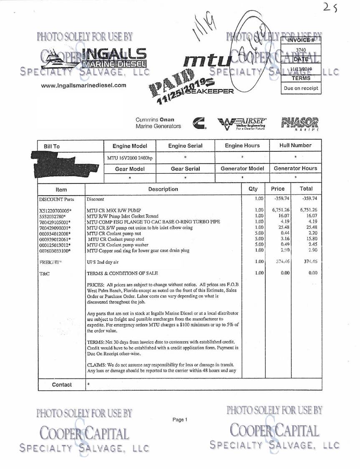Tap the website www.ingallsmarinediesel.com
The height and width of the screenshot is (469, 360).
[84, 85]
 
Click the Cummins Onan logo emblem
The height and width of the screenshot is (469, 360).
[200, 123]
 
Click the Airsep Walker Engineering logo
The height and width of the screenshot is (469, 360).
[242, 123]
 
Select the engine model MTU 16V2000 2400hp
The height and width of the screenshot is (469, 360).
[129, 158]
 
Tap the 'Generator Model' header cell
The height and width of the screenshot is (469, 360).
[242, 168]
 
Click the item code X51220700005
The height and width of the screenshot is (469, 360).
[55, 210]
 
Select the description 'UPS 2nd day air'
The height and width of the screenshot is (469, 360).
[103, 262]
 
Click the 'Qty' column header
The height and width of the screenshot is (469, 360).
[253, 189]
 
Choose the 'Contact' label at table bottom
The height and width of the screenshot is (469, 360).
[62, 384]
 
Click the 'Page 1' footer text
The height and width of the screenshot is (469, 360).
[180, 419]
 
